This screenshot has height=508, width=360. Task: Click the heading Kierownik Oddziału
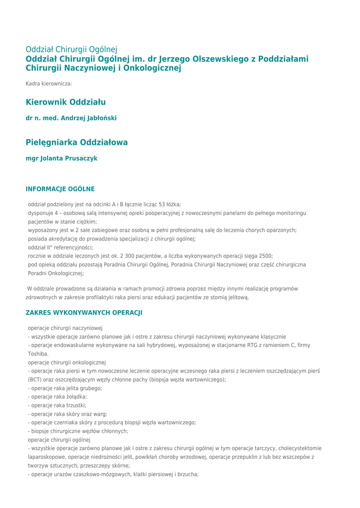point(66,102)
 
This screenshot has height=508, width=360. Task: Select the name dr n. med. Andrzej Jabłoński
point(71,118)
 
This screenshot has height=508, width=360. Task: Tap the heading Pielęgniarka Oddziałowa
point(76,142)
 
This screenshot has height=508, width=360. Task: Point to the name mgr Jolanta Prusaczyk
point(62,158)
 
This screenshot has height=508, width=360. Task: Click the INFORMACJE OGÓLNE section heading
point(60,189)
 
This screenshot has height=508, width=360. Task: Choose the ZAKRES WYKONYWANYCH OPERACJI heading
point(84,313)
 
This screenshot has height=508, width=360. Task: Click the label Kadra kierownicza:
point(49,83)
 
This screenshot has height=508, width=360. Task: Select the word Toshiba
point(38,354)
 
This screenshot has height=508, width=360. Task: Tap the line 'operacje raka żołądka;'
point(59,397)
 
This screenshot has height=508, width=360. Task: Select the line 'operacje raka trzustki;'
point(58,405)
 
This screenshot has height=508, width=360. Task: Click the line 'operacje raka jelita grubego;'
point(66,388)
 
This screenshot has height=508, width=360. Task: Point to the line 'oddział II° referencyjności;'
point(61,248)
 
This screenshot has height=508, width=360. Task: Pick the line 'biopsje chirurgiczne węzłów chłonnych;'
point(79,431)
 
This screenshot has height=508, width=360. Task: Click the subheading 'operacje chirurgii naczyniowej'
point(65,328)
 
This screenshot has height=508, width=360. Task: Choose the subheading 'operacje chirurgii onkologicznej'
point(67,363)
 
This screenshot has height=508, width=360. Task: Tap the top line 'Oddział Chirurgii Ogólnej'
point(72,50)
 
